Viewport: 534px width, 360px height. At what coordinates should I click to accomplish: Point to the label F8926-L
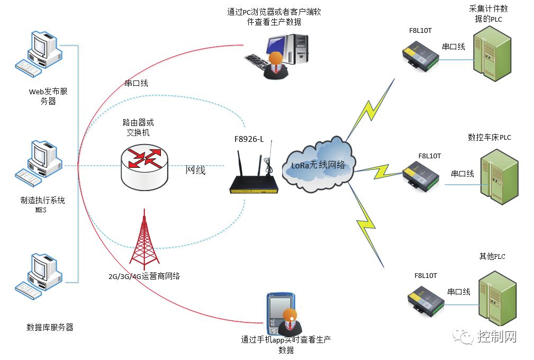249,139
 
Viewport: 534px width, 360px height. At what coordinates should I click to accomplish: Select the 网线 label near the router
195,170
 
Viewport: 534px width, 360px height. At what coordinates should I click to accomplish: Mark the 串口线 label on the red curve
136,83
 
